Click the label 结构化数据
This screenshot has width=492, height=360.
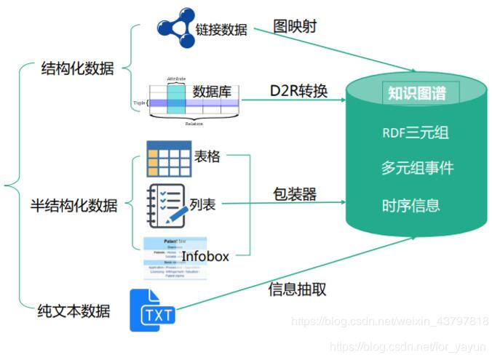coord(78,69)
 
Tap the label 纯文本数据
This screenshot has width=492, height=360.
coord(74,311)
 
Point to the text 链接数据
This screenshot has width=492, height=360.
coord(221,30)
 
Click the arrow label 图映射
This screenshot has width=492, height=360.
coord(295,26)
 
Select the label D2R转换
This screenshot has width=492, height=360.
coord(299,91)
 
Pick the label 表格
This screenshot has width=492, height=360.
coord(207,156)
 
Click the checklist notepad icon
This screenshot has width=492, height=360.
coord(165,205)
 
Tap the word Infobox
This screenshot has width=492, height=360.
coord(205,256)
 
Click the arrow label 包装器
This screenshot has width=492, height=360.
coord(295,194)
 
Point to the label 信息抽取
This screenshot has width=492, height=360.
coord(297,289)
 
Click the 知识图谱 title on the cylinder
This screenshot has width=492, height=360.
coord(416,93)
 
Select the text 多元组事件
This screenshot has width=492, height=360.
coord(417,168)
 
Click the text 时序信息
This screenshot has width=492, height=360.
coord(411,205)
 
